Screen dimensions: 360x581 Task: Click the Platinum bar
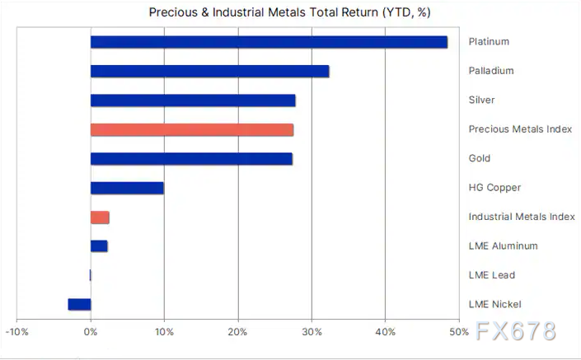click(269, 42)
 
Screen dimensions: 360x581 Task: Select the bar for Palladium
click(209, 71)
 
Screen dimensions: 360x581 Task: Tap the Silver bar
click(193, 101)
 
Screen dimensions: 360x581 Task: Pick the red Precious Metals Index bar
click(191, 129)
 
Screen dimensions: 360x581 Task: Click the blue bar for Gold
click(191, 159)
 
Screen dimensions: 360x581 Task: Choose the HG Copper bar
click(127, 188)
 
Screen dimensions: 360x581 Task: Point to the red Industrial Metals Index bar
click(100, 217)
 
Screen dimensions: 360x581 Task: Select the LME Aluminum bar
click(99, 245)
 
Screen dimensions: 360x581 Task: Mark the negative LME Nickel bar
click(79, 304)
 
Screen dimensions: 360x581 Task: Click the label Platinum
click(489, 42)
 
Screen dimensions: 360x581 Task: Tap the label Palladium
click(491, 71)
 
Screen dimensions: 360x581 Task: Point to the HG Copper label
click(494, 188)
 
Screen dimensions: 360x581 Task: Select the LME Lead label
click(491, 275)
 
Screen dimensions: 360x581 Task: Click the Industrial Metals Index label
click(521, 217)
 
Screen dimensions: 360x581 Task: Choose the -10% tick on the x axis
click(17, 332)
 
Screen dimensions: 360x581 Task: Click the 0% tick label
click(91, 332)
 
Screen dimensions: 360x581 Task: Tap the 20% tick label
click(238, 332)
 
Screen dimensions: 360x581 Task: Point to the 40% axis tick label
click(385, 332)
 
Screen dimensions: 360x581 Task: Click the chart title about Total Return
click(289, 12)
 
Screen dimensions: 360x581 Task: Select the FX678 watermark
click(516, 332)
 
